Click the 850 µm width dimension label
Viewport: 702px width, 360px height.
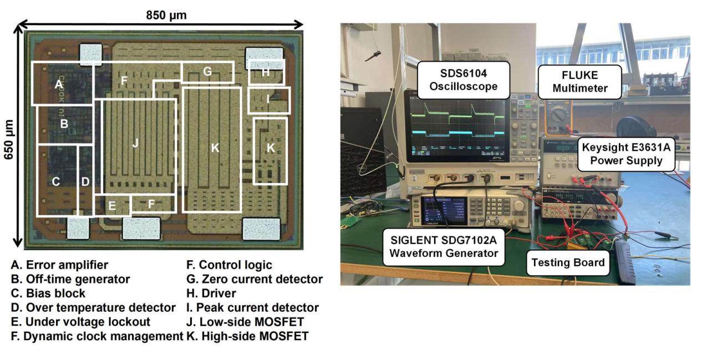tap(166, 15)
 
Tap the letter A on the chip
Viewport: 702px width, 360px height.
tap(58, 85)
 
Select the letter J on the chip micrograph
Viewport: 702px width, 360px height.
tap(135, 143)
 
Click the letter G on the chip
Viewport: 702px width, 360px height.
tap(207, 72)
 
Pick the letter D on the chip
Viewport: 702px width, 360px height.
tap(85, 181)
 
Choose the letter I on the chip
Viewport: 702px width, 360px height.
tap(268, 100)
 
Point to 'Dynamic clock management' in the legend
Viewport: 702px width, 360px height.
tap(97, 336)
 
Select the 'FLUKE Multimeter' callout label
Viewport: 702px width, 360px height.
tap(580, 81)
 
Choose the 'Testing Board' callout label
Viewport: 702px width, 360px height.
tap(567, 262)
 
